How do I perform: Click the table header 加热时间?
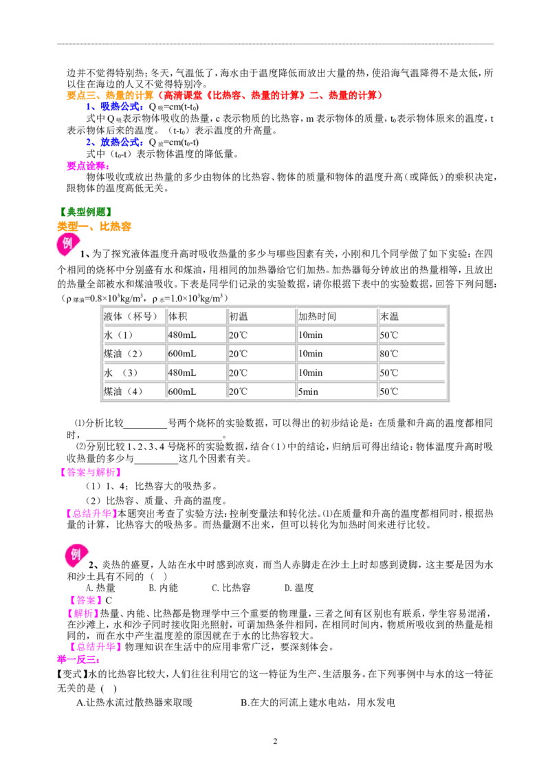[317, 317]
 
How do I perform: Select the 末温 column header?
[389, 317]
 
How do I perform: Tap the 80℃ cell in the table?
[389, 354]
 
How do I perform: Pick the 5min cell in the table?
[308, 392]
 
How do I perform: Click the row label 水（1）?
[118, 335]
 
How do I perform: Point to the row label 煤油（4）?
[123, 392]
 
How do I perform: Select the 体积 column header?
[177, 317]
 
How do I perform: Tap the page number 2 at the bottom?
[275, 741]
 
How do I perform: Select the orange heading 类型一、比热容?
[93, 226]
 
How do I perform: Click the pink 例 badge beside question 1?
[68, 244]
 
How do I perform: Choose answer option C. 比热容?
[231, 588]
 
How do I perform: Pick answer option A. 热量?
[100, 588]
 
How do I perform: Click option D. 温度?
[299, 588]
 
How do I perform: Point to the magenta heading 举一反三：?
[78, 660]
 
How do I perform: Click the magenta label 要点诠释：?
[89, 166]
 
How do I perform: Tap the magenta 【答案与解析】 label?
[89, 472]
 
